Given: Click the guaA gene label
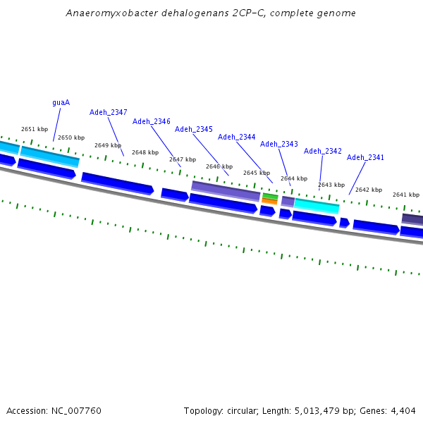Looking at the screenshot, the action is click(61, 102).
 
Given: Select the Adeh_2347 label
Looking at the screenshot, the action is click(109, 112).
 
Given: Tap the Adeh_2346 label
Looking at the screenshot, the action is click(152, 121).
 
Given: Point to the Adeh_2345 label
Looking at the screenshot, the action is click(194, 129).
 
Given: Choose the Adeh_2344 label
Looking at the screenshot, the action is click(237, 137).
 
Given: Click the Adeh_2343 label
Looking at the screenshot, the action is click(279, 144).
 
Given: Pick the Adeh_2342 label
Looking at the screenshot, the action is click(323, 151).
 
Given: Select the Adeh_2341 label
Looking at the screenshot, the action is click(365, 157).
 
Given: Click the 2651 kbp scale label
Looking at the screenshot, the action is click(35, 129).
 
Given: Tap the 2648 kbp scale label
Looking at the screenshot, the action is click(145, 152).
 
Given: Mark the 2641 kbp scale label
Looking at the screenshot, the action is click(406, 195).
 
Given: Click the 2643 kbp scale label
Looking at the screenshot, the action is click(331, 185).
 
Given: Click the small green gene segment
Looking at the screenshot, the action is click(270, 196).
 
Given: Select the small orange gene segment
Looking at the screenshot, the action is click(269, 201).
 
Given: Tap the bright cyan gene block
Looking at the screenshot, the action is click(317, 206).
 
